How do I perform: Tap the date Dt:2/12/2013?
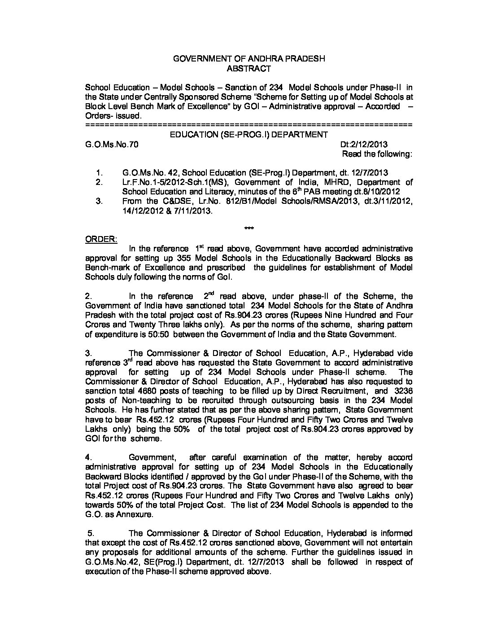pyautogui.click(x=364, y=145)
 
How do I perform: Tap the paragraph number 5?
pyautogui.click(x=91, y=533)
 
